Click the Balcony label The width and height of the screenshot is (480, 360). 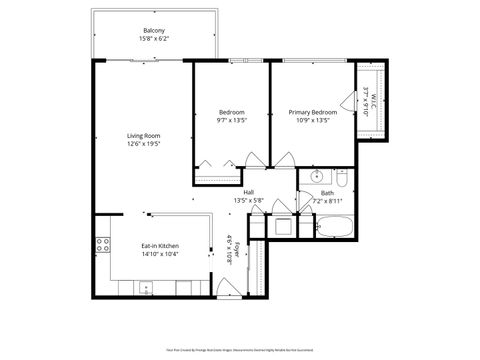click(x=154, y=31)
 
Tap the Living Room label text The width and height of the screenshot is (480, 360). click(x=144, y=135)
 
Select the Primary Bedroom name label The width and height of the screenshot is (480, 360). click(x=313, y=112)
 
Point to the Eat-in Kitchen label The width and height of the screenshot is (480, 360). click(x=159, y=245)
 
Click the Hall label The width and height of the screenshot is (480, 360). click(x=248, y=193)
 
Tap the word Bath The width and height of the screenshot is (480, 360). click(x=327, y=193)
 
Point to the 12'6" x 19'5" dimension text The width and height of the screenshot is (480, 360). click(x=144, y=144)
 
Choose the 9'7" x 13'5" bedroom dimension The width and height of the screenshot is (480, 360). click(x=231, y=121)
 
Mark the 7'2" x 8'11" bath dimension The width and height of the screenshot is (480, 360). click(x=327, y=202)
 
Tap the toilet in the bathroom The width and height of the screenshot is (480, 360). click(x=341, y=181)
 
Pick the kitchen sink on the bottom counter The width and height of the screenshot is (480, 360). click(x=147, y=289)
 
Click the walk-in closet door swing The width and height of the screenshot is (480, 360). click(x=347, y=101)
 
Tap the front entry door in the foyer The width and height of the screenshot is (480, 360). click(x=224, y=290)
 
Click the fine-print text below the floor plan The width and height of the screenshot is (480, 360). click(x=240, y=350)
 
